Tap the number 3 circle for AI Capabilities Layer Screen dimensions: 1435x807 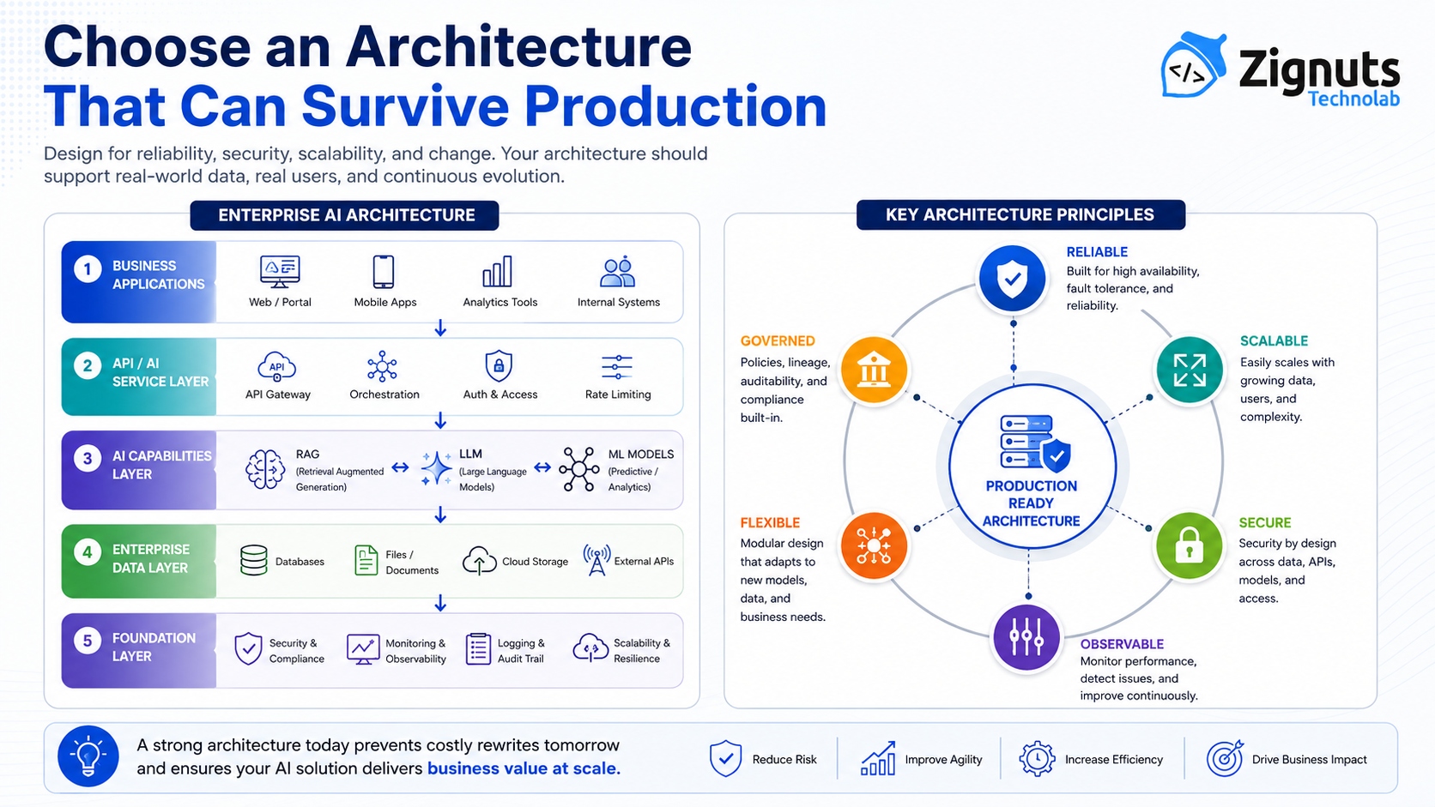88,459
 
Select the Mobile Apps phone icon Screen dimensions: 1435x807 384,271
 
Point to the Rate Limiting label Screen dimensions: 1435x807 618,394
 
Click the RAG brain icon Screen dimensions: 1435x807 265,469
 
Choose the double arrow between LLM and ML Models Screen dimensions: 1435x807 542,467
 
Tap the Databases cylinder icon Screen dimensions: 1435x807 254,560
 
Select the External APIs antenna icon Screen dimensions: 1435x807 596,559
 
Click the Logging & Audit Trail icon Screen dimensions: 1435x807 478,649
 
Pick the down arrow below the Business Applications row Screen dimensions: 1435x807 440,328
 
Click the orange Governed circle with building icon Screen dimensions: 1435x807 874,370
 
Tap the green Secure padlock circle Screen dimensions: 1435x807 1189,546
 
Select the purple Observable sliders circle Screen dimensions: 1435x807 1026,637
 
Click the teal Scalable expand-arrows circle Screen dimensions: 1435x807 1190,370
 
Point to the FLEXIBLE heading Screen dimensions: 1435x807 770,523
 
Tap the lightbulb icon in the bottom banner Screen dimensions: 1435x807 88,756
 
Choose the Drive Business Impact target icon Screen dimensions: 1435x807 1225,758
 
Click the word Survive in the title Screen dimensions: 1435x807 405,107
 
